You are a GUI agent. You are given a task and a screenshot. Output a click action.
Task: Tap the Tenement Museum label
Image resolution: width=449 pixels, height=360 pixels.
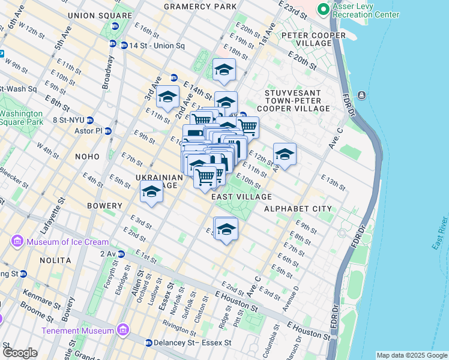(78, 331)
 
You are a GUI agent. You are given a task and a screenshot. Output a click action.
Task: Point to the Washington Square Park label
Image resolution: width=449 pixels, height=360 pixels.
(22, 117)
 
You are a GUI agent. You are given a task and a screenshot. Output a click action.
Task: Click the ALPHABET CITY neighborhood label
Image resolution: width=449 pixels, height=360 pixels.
(298, 209)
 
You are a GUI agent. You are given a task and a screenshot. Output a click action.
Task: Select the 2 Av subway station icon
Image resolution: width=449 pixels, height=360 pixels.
(122, 254)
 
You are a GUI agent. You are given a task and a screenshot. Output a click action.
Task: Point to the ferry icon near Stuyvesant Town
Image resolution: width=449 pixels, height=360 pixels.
(363, 95)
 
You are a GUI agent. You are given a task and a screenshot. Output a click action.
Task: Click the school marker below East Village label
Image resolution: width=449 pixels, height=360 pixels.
(226, 229)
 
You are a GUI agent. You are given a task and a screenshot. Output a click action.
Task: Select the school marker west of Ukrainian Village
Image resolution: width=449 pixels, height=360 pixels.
(152, 193)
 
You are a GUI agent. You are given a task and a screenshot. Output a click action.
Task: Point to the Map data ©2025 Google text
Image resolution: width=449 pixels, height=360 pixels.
(411, 355)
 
